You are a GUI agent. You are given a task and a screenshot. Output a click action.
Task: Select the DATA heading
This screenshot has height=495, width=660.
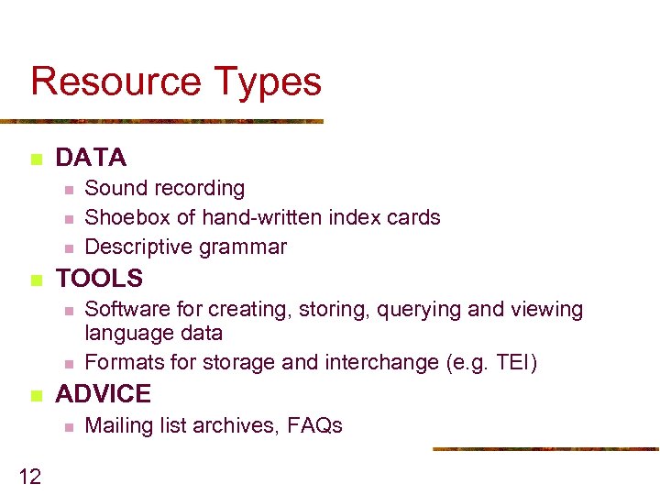pyautogui.click(x=91, y=158)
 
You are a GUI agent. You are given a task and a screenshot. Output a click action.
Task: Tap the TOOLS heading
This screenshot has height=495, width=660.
pyautogui.click(x=100, y=278)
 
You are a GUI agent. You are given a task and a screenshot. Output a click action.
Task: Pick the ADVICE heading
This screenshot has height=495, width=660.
pyautogui.click(x=104, y=394)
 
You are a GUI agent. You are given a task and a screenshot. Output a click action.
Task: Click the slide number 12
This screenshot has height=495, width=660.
pyautogui.click(x=29, y=475)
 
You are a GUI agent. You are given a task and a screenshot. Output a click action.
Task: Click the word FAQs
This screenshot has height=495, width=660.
pyautogui.click(x=314, y=425)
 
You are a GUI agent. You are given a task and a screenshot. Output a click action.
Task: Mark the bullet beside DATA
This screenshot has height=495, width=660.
pyautogui.click(x=36, y=159)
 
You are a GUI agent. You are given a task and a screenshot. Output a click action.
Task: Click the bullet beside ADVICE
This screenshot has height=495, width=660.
pyautogui.click(x=36, y=396)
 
